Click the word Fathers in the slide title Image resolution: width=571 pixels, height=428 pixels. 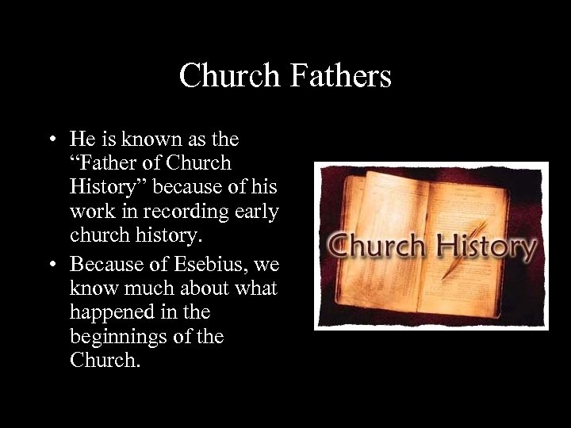[341, 76]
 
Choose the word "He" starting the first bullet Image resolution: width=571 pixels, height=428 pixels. [81, 140]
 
